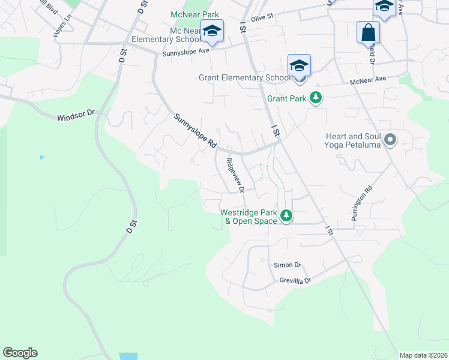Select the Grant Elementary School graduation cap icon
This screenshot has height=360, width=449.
click(x=298, y=66)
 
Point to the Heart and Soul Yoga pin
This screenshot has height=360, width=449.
click(x=390, y=140)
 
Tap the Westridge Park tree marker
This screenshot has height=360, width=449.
click(x=287, y=215)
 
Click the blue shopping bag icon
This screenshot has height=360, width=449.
click(x=368, y=32)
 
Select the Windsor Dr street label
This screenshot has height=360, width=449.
click(x=76, y=115)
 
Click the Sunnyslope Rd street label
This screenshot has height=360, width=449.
click(x=194, y=131)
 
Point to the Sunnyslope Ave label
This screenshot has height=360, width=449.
click(x=185, y=52)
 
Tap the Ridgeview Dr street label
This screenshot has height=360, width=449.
click(x=235, y=175)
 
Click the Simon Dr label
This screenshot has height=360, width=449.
click(x=287, y=265)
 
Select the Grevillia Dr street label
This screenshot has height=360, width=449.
click(x=295, y=280)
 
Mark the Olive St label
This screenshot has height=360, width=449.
click(x=262, y=19)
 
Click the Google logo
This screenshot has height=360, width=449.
click(x=20, y=353)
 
